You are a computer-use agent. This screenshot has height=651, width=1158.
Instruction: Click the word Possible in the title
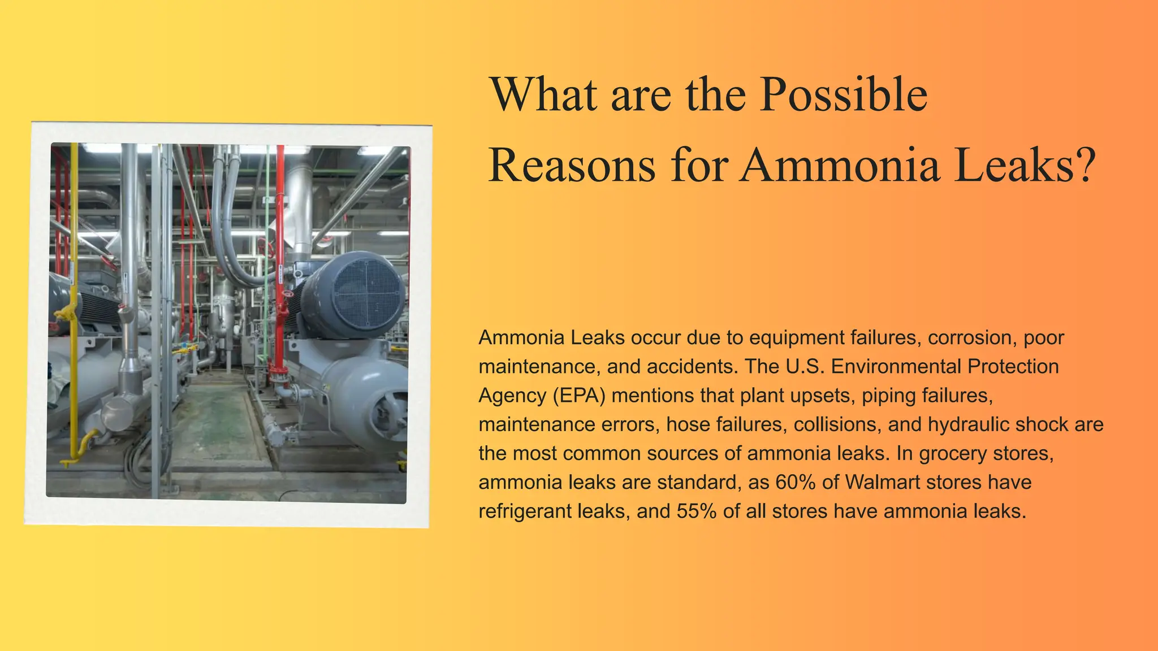pyautogui.click(x=843, y=95)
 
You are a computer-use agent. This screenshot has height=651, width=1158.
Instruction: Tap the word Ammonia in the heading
pyautogui.click(x=839, y=165)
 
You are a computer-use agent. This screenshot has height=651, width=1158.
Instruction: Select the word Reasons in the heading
pyautogui.click(x=572, y=165)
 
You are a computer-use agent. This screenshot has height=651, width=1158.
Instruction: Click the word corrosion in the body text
pyautogui.click(x=970, y=338)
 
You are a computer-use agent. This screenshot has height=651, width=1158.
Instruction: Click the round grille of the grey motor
pyautogui.click(x=368, y=296)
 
